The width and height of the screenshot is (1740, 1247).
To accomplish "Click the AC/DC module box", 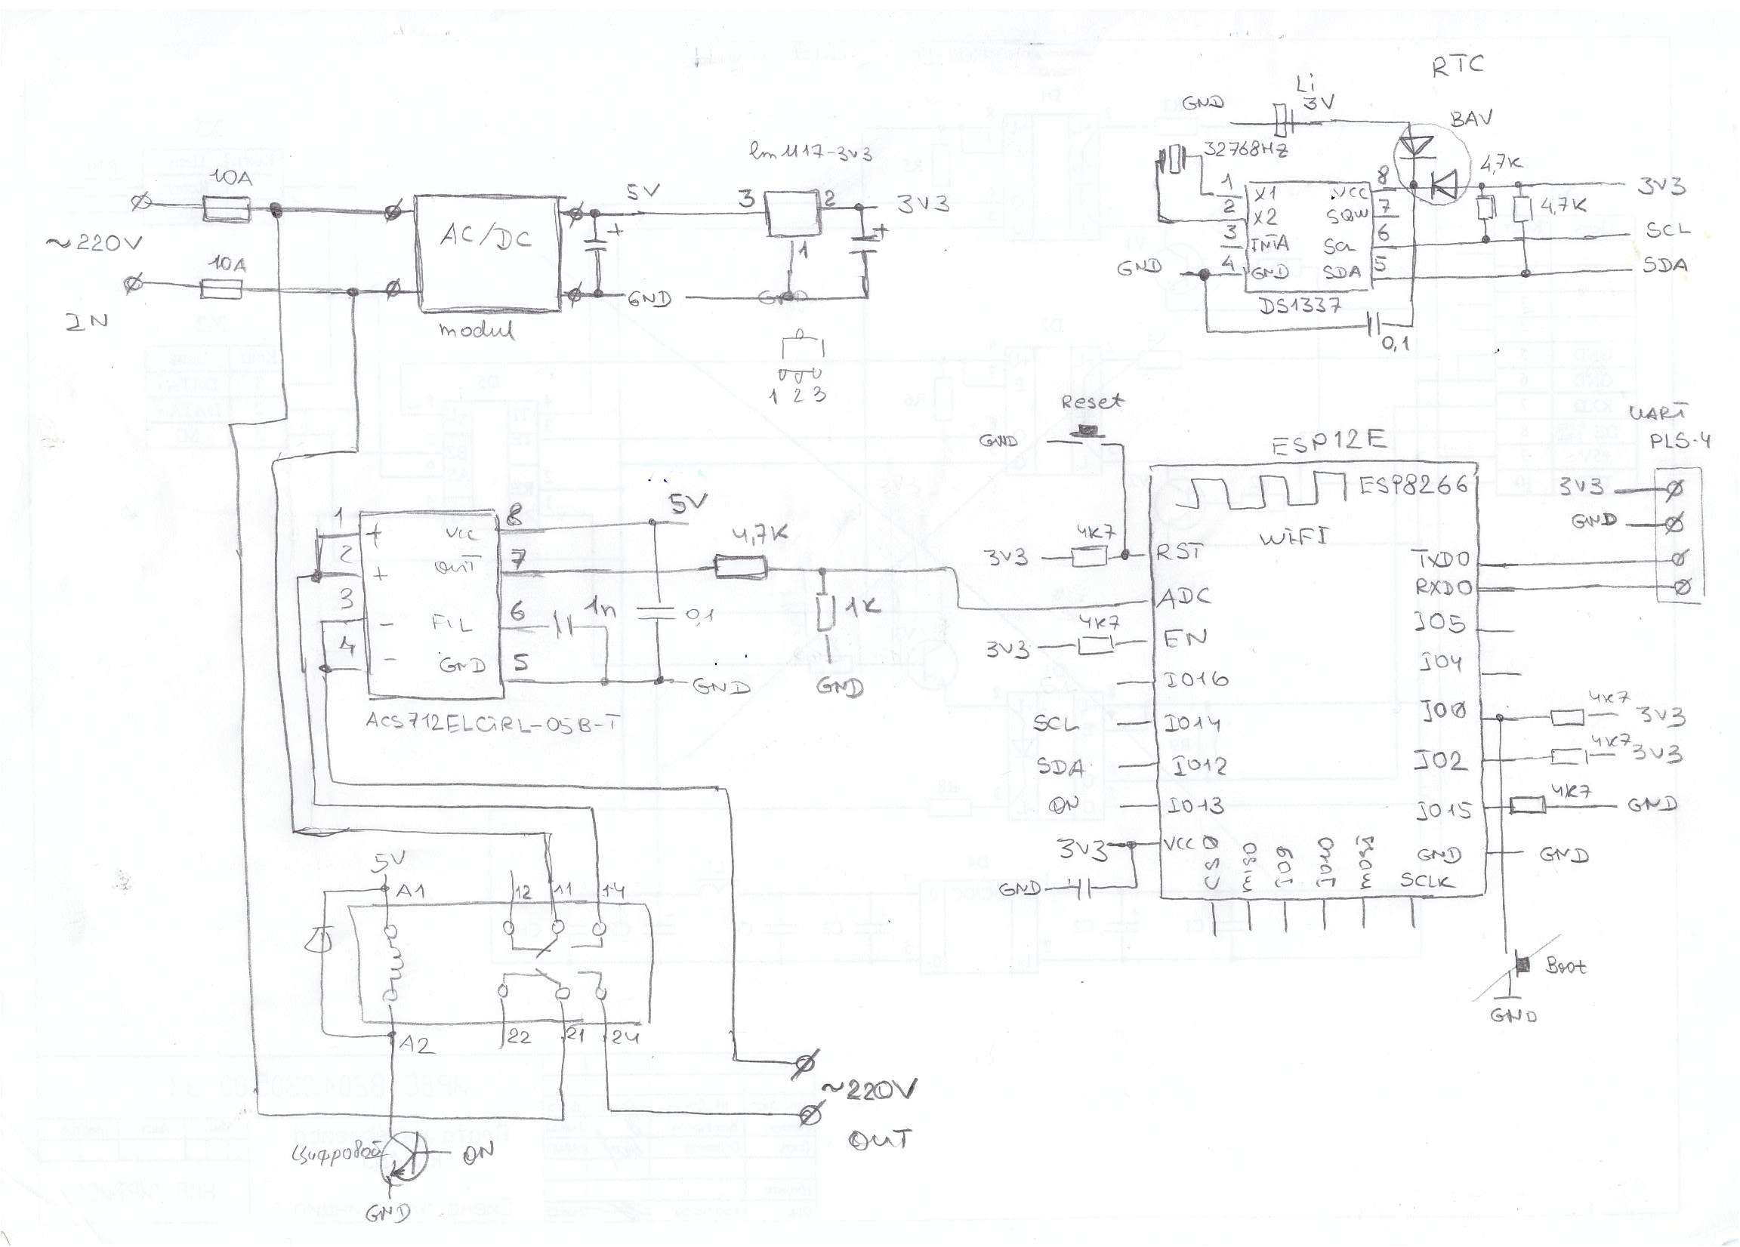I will pyautogui.click(x=485, y=253).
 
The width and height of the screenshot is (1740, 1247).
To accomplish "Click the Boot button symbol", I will pyautogui.click(x=1523, y=964).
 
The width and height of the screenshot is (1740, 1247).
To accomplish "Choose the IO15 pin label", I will pyautogui.click(x=1442, y=809).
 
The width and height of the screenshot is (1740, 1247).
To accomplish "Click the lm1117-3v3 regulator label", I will pyautogui.click(x=811, y=153).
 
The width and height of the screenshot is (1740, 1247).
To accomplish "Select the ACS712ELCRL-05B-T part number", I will pyautogui.click(x=492, y=722).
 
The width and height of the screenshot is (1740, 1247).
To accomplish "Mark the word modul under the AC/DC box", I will pyautogui.click(x=476, y=331).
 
